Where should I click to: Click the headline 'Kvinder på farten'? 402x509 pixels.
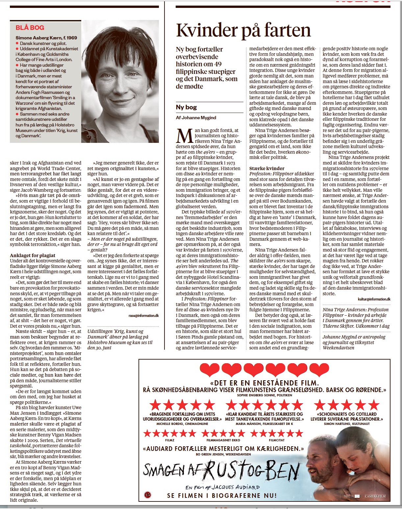243,30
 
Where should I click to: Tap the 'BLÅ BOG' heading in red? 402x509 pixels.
30,28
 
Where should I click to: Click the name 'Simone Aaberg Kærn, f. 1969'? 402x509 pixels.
46,38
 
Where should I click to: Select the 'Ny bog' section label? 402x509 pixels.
186,107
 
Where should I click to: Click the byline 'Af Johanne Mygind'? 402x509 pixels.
196,118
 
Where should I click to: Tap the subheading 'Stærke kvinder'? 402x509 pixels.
267,168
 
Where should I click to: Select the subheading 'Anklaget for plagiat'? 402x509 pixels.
33,255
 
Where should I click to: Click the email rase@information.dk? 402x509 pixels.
143,316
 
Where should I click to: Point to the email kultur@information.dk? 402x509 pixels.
374,299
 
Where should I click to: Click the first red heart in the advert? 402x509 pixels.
210,370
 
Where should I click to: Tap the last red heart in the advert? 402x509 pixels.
319,370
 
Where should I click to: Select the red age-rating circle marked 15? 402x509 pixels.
147,494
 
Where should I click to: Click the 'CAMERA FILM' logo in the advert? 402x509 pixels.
375,496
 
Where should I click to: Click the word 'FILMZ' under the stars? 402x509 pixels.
169,440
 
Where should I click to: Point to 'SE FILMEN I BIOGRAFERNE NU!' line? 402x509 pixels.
222,496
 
